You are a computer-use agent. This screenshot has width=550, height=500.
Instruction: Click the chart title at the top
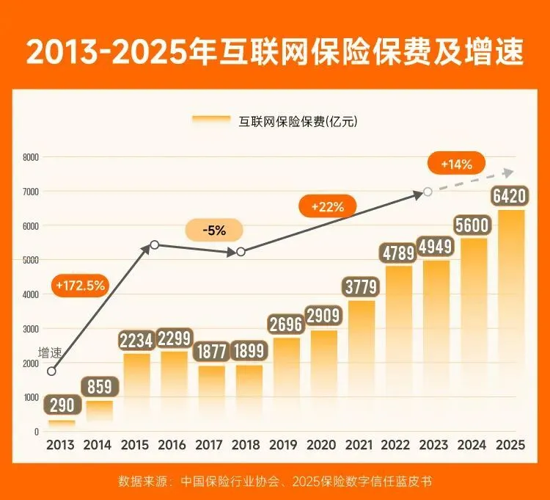click(275, 52)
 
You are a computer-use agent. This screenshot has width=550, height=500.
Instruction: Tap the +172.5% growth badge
click(80, 284)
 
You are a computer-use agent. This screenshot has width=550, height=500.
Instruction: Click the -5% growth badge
click(216, 231)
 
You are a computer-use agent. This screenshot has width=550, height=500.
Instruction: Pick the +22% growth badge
click(327, 207)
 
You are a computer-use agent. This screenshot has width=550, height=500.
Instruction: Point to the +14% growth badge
click(456, 164)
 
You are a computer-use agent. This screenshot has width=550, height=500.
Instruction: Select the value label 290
click(62, 406)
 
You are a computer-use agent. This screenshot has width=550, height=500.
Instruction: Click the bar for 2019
click(285, 382)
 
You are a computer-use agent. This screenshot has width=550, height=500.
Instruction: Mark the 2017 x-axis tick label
click(210, 444)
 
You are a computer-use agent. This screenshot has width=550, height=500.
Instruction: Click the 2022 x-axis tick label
click(397, 444)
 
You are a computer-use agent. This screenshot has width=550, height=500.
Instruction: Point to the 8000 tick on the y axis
click(31, 157)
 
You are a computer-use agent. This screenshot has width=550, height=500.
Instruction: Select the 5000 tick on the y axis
click(31, 260)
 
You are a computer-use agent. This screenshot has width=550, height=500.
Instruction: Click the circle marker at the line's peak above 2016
click(155, 244)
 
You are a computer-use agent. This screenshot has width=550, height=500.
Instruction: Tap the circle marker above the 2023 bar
click(428, 192)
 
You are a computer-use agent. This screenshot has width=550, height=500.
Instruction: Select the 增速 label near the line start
click(50, 354)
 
